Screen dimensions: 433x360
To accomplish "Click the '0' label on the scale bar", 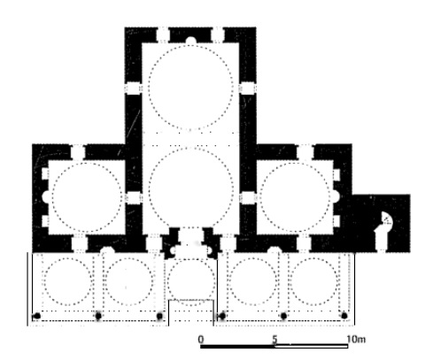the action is tap(201, 340).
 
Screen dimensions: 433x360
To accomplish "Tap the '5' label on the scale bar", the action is tap(274, 340).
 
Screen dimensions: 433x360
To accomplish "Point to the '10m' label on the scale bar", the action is tap(356, 340).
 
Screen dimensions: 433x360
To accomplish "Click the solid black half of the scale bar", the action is tap(237, 346).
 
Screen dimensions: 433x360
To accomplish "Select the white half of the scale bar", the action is tap(312, 346).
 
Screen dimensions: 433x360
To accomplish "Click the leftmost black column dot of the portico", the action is tap(37, 316).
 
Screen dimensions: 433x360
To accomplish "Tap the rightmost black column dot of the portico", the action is tap(344, 316).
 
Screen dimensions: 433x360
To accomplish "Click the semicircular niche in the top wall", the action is tap(191, 40).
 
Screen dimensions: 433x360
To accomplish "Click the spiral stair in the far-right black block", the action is tap(386, 219).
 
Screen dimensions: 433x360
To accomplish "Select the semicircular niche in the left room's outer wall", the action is tap(46, 196).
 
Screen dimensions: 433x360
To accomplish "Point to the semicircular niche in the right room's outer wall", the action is tap(336, 196).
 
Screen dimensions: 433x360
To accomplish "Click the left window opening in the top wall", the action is tap(163, 34).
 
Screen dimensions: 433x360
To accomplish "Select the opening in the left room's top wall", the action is tap(78, 152).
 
